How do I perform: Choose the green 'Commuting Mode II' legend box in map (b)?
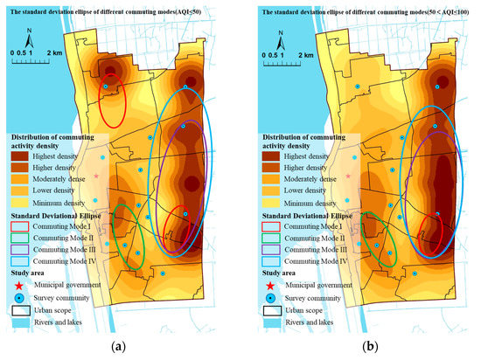[x=262, y=238]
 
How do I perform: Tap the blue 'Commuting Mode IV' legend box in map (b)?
[x=262, y=260]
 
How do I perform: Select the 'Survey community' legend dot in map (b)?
[x=262, y=297]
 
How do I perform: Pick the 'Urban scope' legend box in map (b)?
[x=262, y=309]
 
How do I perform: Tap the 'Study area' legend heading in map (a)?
[x=30, y=273]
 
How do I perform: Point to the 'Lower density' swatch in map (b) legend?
[x=262, y=190]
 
